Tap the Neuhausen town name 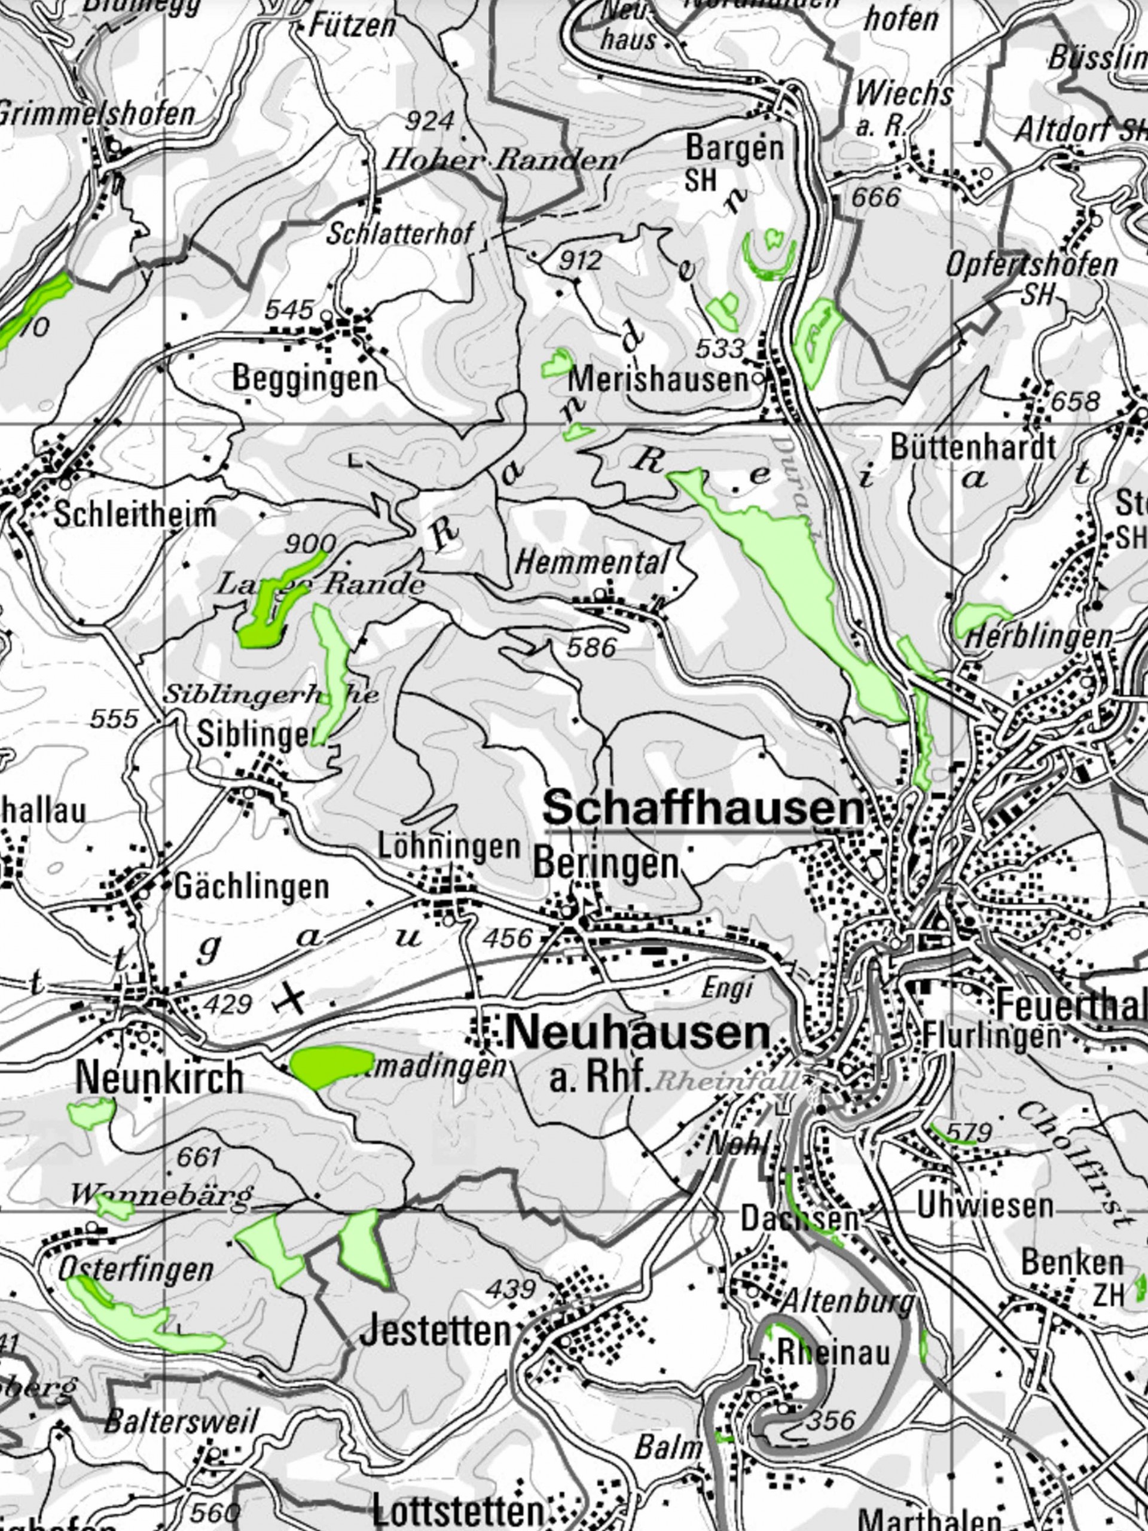[x=637, y=1033]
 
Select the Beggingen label [x=305, y=379]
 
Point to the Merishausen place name [x=658, y=380]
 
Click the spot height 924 [x=429, y=122]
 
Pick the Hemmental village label [x=593, y=562]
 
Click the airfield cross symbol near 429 [x=290, y=999]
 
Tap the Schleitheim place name [x=135, y=515]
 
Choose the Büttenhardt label [x=973, y=448]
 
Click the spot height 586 [x=590, y=647]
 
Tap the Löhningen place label [x=449, y=846]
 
